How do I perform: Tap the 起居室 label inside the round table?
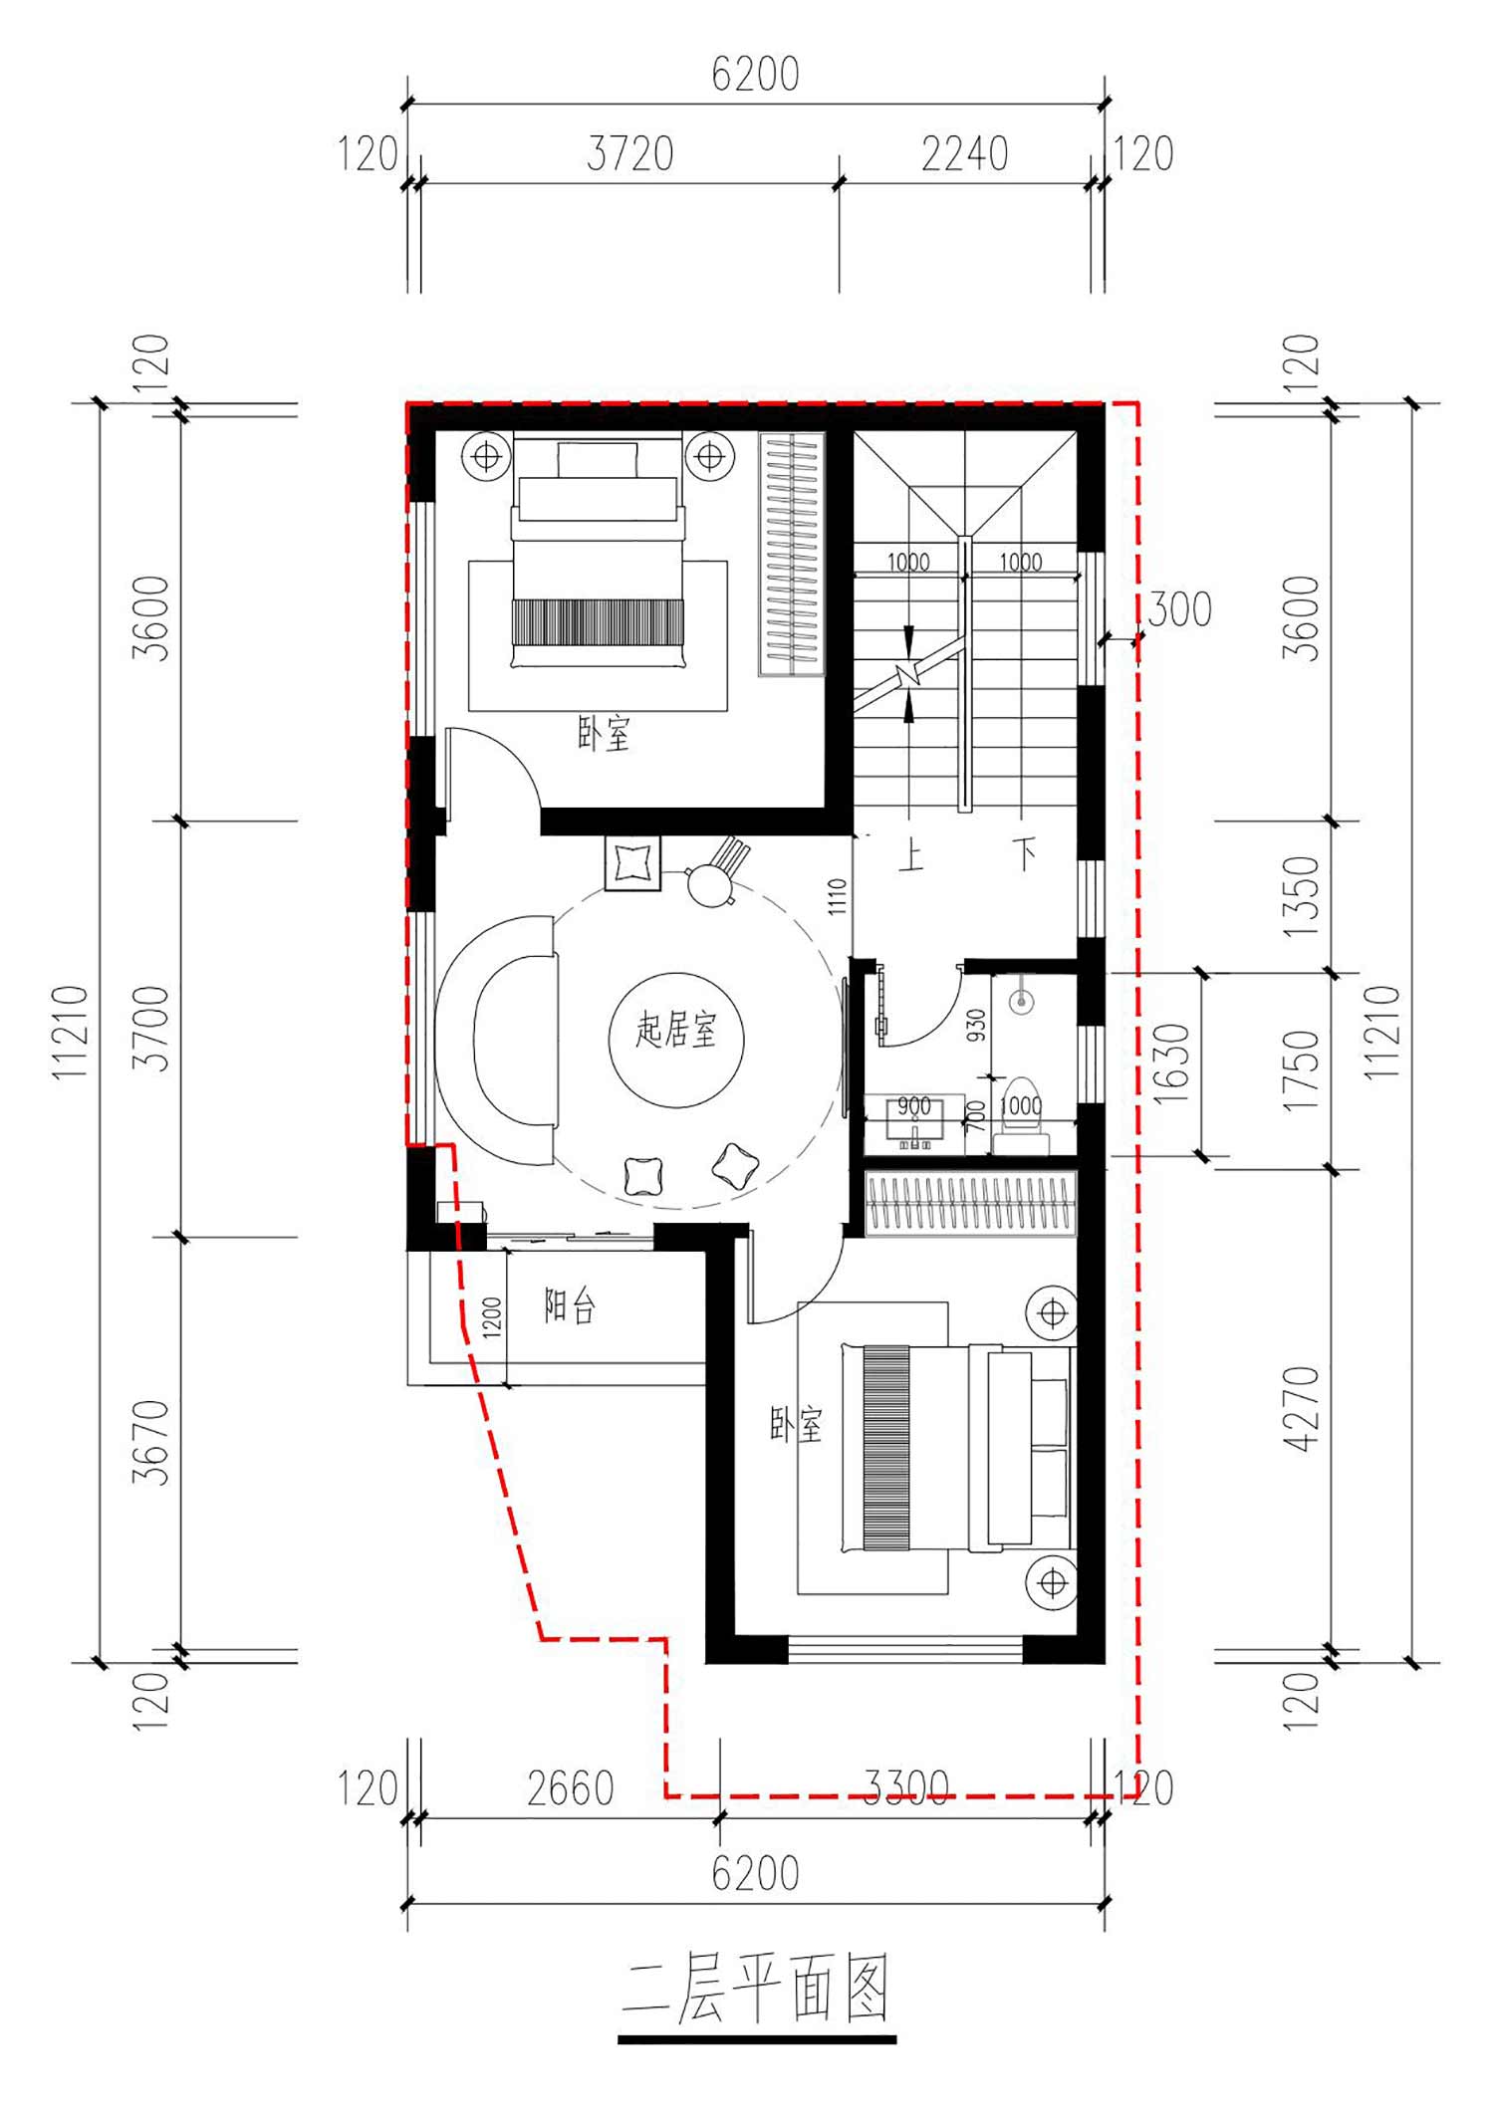(676, 1030)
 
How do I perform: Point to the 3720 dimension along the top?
(629, 154)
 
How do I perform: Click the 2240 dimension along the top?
(964, 154)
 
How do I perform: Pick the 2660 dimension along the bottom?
(570, 1788)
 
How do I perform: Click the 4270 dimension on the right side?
(1301, 1408)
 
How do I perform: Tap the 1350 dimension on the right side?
(1301, 896)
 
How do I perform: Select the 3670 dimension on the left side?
(151, 1443)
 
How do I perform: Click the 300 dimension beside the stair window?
(1179, 609)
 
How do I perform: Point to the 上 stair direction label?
(910, 854)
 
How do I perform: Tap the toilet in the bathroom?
(1020, 1116)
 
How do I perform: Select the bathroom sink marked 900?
(914, 1122)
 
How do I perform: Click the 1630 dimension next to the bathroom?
(1172, 1063)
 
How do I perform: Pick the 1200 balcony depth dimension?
(492, 1316)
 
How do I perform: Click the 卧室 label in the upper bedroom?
(604, 734)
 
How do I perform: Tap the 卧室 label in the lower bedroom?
(796, 1425)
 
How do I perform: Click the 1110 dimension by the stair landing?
(838, 896)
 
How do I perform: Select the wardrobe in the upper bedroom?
(792, 555)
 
